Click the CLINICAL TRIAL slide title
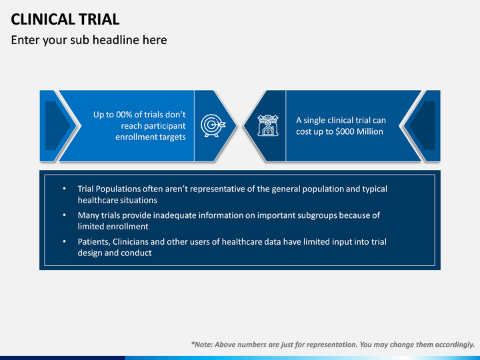coord(65,19)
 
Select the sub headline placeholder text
coord(89,40)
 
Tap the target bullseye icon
coord(213,125)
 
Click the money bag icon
coord(268,125)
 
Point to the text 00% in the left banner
coord(124,115)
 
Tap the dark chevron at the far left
coord(57,125)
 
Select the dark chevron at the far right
coord(423,125)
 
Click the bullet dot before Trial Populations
coord(64,189)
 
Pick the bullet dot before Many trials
coord(64,215)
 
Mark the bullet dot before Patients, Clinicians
coord(64,241)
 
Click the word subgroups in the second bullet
coord(317,216)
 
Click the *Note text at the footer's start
coord(201,345)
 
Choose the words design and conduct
coord(115,253)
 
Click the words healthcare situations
coord(117,200)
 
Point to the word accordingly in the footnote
coord(455,345)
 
